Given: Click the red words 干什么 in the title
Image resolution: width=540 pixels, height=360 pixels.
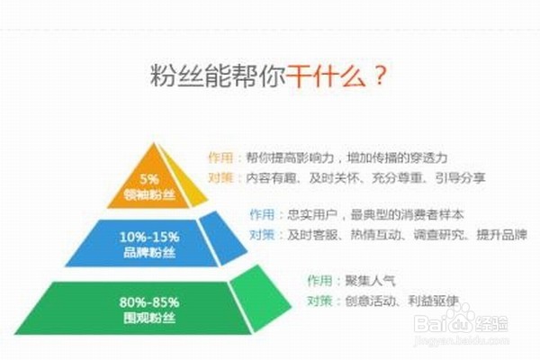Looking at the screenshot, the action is point(325,76).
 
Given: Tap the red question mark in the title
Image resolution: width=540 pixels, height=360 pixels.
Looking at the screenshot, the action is point(380,76).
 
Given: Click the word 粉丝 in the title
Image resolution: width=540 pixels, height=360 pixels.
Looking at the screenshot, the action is point(176,76).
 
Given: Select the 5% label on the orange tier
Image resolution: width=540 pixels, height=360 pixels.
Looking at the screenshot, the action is point(149,179).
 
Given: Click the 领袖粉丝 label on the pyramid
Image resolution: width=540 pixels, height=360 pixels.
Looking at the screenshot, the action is point(149,194).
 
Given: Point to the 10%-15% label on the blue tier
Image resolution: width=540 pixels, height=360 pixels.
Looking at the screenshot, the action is point(149,237).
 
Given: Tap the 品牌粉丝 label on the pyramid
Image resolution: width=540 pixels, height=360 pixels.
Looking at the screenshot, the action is point(149,253).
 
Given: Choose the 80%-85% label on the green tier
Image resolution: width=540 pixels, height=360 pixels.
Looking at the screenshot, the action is point(149,302).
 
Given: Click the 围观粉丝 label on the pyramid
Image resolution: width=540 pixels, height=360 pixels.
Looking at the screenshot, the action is point(149,318).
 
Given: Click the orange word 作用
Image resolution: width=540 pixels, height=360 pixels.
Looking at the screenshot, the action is point(221,157).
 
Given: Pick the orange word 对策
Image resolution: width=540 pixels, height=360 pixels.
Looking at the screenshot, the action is point(221,178).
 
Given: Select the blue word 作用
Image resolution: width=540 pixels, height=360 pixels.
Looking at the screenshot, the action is point(262,214).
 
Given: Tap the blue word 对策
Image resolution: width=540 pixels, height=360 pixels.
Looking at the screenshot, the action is point(262,235).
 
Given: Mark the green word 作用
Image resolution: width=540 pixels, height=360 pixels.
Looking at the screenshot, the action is point(319,281).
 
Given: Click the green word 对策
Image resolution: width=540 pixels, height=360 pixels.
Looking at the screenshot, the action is point(319,301).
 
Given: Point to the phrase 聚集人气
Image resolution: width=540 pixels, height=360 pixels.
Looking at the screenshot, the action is point(371,281).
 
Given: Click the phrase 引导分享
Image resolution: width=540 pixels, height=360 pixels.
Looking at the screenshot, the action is point(461,178).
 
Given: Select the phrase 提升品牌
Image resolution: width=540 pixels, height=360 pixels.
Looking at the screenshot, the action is point(502,235).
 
